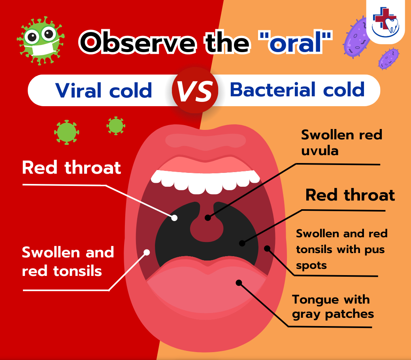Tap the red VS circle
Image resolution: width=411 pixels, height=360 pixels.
(x=195, y=90)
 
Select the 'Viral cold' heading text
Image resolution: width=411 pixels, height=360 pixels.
(x=104, y=90)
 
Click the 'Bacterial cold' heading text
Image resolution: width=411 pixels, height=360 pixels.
(x=297, y=90)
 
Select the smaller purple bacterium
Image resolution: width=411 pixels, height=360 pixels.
(x=388, y=58)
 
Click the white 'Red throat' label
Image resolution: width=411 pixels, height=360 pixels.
(x=72, y=167)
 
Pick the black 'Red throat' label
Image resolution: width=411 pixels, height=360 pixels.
(x=350, y=195)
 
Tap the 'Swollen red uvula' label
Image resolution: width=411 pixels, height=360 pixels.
(x=341, y=142)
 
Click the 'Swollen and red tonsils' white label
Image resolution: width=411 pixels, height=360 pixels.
(x=68, y=261)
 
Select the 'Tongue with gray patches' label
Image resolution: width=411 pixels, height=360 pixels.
(x=333, y=306)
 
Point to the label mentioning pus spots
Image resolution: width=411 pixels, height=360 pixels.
(x=341, y=249)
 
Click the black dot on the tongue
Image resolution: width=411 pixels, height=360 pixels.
(x=238, y=282)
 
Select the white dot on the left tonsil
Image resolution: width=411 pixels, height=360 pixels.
(x=147, y=252)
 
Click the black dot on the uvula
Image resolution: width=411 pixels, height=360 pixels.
(x=208, y=217)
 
